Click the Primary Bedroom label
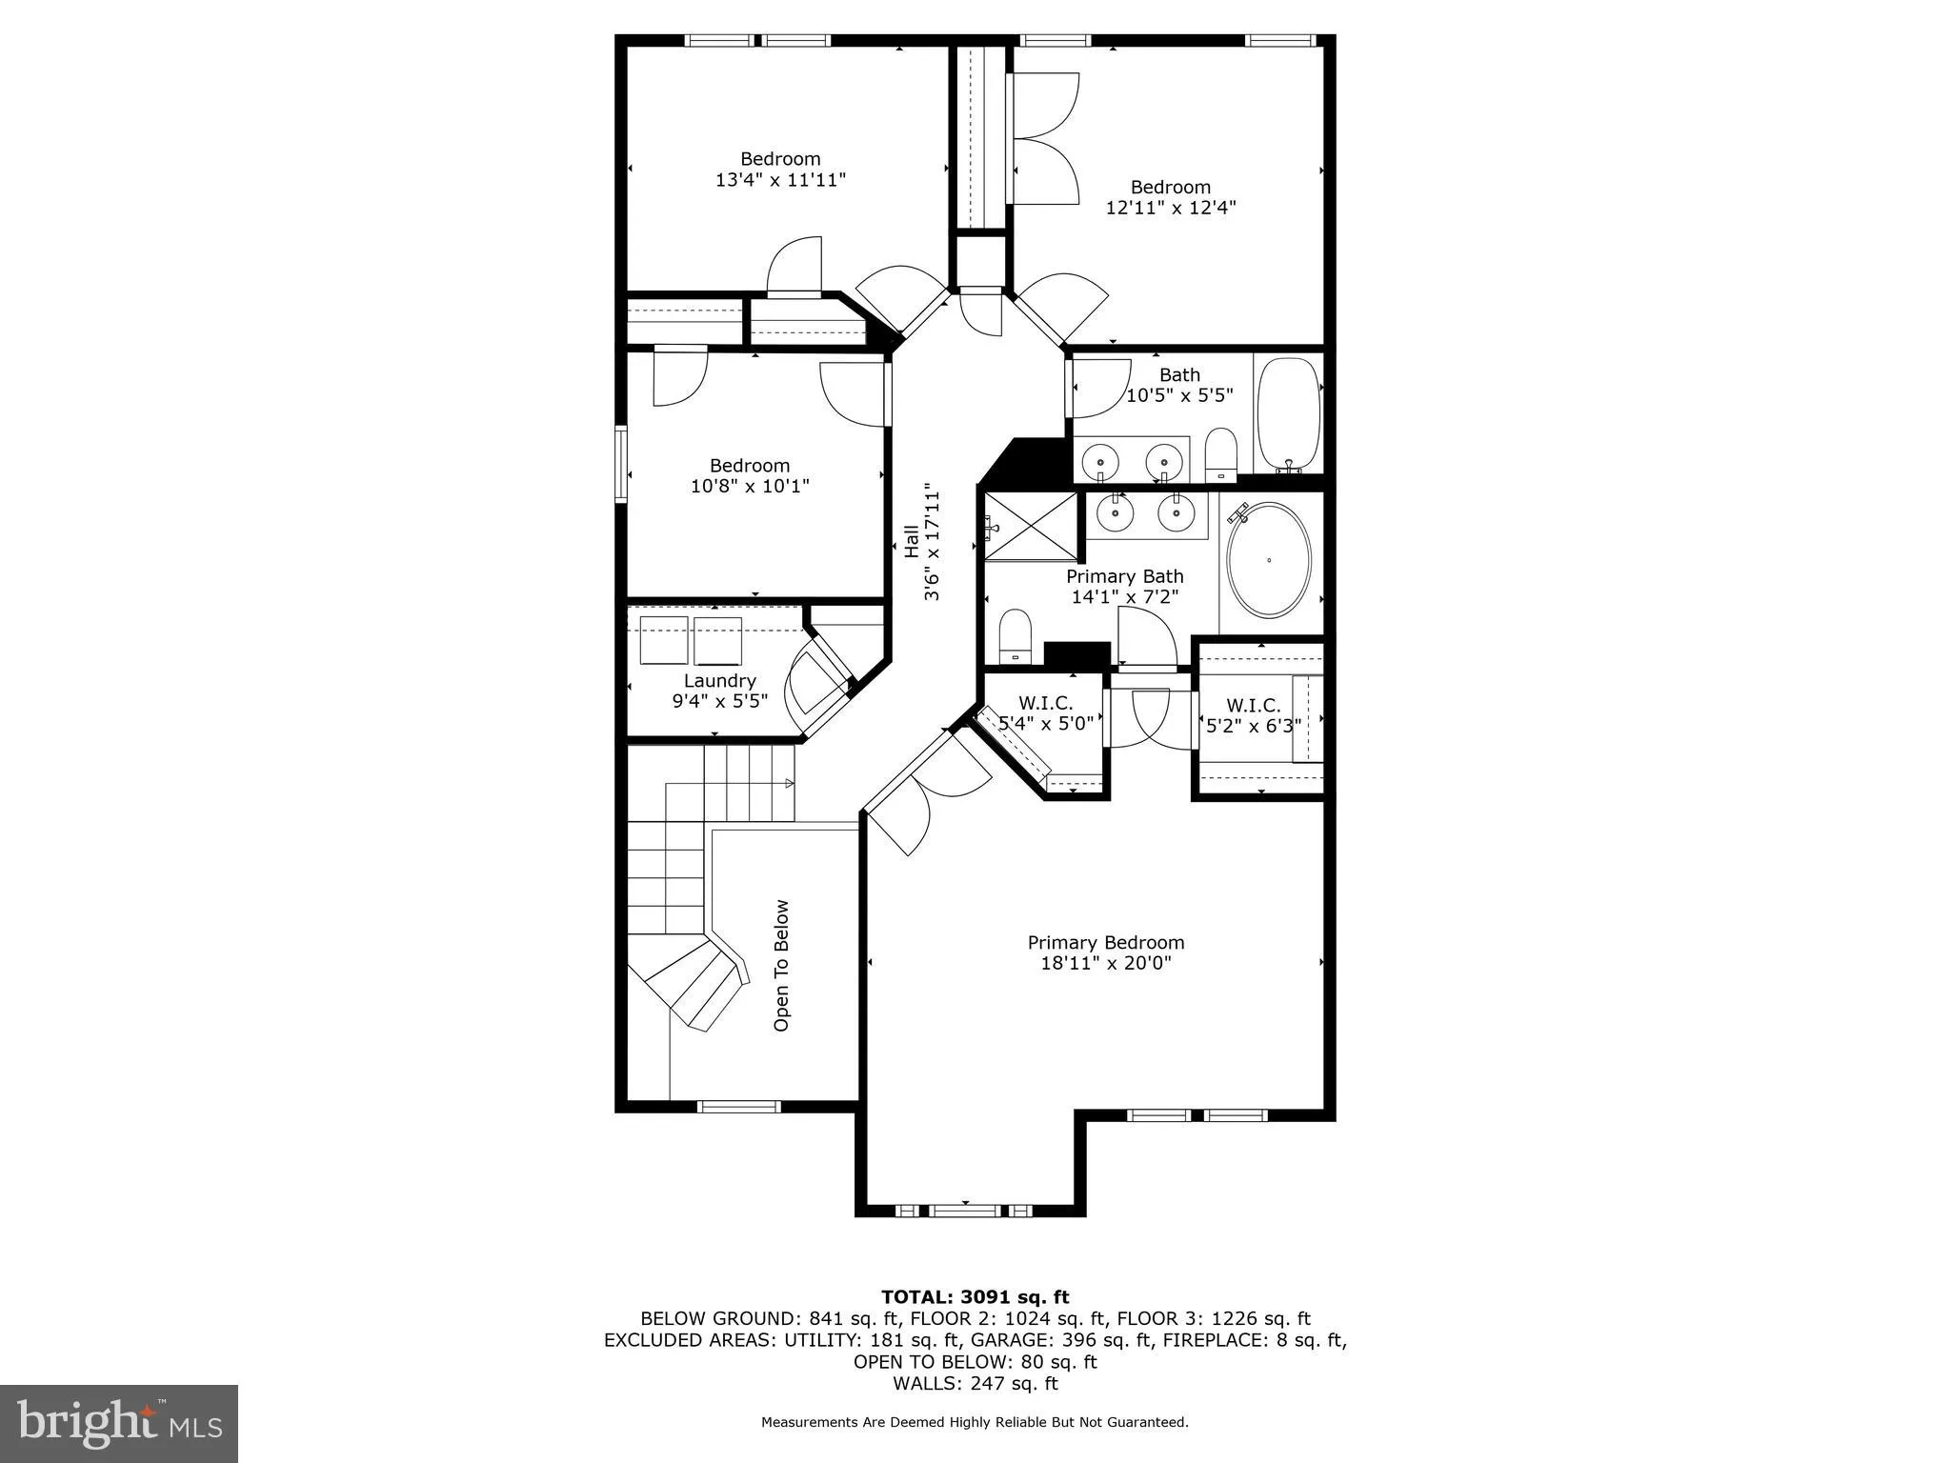click(x=1105, y=942)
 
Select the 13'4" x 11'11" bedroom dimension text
click(x=780, y=179)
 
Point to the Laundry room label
click(x=719, y=680)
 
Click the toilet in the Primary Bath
click(x=1016, y=635)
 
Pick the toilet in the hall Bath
click(x=1220, y=454)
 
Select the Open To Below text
click(x=781, y=965)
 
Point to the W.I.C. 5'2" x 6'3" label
click(x=1253, y=714)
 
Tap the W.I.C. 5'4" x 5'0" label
click(x=1045, y=712)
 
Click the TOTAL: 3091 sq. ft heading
click(x=975, y=1296)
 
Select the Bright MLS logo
click(x=119, y=1422)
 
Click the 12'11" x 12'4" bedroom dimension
click(x=1170, y=208)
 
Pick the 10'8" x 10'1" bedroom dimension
click(x=749, y=486)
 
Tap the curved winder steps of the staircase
click(x=700, y=983)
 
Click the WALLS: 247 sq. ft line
click(x=975, y=1383)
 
